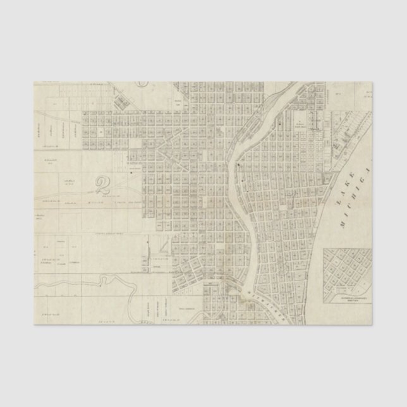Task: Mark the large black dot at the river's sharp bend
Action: pyautogui.click(x=238, y=166)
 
